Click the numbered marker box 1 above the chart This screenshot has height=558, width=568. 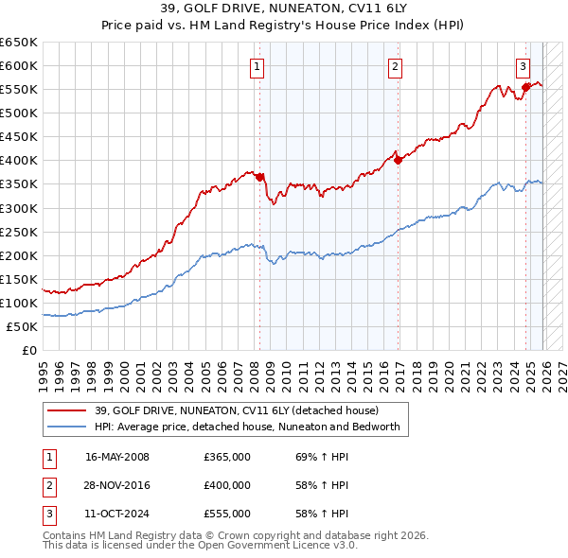coord(257,66)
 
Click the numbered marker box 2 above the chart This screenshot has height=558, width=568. coord(395,66)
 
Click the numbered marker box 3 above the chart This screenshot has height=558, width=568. coord(523,66)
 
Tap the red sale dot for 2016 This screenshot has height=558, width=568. coord(399,160)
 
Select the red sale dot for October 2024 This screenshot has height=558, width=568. coord(525,87)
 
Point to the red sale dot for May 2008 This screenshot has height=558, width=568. coord(260,177)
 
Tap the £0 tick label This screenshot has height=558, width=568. coord(29,350)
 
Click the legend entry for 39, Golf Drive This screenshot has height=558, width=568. coord(237,410)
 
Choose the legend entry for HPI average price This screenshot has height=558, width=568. coord(247,427)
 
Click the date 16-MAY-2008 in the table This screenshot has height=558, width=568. coord(116,457)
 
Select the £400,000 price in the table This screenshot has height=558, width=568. coord(227,485)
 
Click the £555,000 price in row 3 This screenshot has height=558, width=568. coord(227,514)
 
